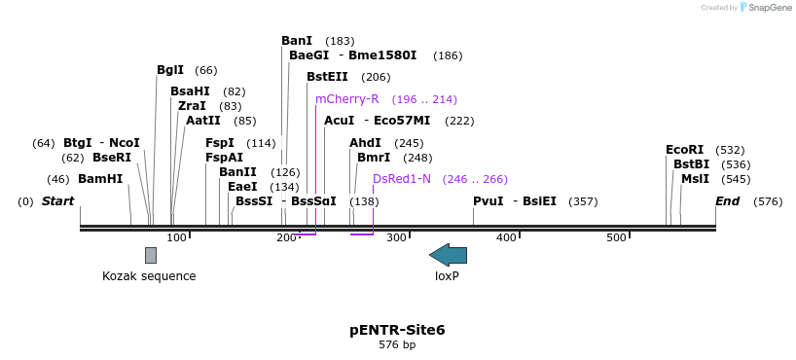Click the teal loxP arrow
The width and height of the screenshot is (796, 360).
448,255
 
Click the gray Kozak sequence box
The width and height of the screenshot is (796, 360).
151,255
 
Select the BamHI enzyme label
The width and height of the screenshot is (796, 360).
100,179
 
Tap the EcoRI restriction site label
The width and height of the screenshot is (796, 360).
684,150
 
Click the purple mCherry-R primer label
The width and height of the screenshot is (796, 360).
346,99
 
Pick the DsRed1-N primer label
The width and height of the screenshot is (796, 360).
401,179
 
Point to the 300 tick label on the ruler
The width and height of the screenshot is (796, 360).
396,238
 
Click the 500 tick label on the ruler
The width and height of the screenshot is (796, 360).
616,238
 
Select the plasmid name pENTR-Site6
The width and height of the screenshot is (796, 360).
397,330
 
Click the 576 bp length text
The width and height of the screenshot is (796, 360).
397,345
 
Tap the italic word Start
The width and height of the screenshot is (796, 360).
57,201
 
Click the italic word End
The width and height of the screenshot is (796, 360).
727,201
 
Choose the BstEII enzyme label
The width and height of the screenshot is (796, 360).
328,77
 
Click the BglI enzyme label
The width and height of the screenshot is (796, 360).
170,70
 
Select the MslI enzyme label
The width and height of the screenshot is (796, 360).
695,179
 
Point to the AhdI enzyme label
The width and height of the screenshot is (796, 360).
365,143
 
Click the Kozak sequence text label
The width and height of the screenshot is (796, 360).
149,276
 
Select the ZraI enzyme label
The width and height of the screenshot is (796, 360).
192,106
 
